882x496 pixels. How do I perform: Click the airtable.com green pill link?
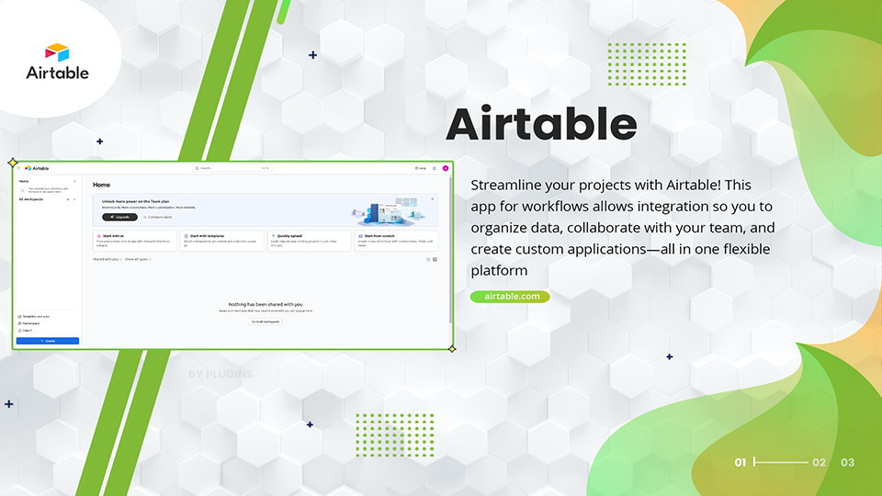[x=510, y=297]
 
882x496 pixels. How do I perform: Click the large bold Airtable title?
[x=541, y=124]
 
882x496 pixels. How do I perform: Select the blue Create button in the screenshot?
[x=48, y=341]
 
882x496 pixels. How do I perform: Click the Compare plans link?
[x=160, y=218]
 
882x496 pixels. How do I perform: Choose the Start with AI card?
[x=134, y=241]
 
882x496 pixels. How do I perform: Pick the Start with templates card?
[x=221, y=241]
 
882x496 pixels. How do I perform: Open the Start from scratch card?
[x=396, y=241]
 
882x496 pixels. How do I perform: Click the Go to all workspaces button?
[x=266, y=321]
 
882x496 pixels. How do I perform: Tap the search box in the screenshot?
[x=232, y=168]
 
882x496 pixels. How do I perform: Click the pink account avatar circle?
[x=445, y=168]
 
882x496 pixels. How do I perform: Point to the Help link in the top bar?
[x=421, y=168]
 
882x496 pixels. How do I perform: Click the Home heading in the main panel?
[x=102, y=185]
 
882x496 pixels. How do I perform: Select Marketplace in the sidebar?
[x=30, y=323]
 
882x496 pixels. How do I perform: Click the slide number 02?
[x=820, y=462]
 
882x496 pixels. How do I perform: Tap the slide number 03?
[x=847, y=462]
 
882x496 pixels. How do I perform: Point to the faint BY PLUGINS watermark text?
[x=220, y=375]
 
